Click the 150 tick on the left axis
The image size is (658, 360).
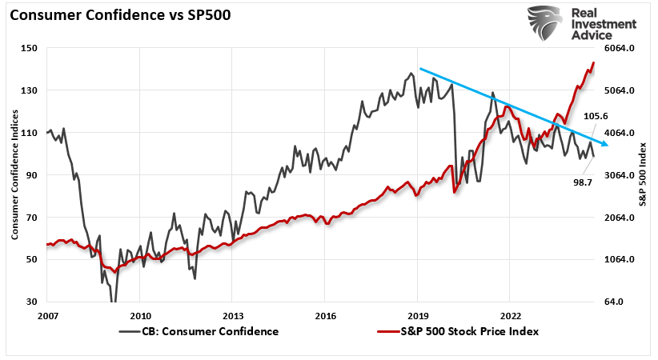coord(30,48)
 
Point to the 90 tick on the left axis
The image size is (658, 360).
coord(32,175)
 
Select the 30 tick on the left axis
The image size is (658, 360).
coord(32,302)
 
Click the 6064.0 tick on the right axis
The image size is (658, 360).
coord(622,48)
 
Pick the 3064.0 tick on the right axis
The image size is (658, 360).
coord(622,175)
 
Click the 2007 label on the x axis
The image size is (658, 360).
coord(47,315)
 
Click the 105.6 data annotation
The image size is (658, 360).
coord(597,116)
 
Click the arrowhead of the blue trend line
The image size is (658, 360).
coord(605,144)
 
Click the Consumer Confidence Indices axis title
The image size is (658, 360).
coord(14,175)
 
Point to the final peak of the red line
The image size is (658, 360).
coord(593,62)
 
